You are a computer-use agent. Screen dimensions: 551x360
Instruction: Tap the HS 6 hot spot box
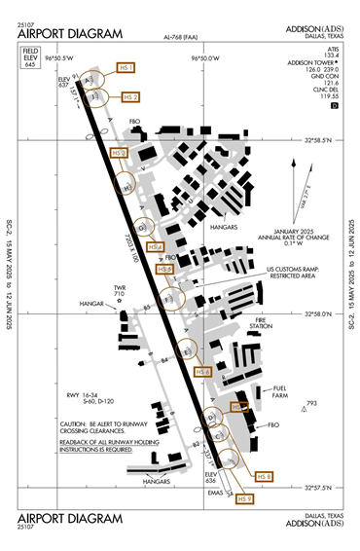(203, 372)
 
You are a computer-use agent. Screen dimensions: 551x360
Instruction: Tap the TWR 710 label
(121, 290)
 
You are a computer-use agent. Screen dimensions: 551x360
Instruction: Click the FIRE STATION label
(261, 323)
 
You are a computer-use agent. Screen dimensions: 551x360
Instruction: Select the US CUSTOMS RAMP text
(292, 269)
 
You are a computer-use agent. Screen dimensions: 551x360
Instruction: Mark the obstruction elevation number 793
(311, 403)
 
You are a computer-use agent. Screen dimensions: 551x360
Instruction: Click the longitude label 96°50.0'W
(207, 58)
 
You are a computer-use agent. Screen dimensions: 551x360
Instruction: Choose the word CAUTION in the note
(76, 425)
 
